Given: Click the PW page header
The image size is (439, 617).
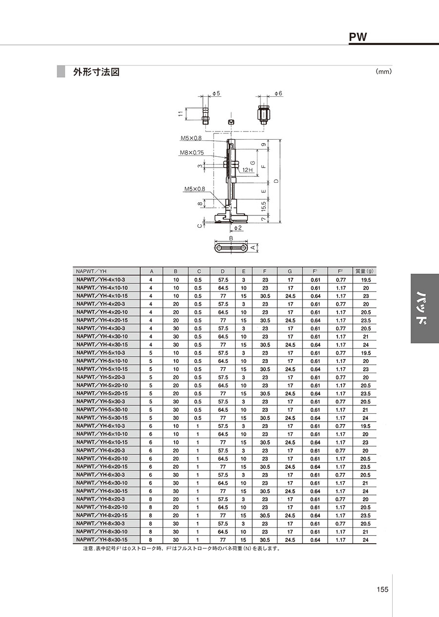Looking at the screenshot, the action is point(358,37).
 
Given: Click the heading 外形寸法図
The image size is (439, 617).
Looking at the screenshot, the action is point(96,72).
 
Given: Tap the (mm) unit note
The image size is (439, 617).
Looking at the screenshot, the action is point(384,72).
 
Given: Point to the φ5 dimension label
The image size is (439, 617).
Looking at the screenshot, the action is point(217,93).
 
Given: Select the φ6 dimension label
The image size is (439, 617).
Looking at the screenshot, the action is point(279,93).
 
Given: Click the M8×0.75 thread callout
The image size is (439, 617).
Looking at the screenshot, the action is point(192,152).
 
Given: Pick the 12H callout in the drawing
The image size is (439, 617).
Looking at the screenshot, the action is point(248,170).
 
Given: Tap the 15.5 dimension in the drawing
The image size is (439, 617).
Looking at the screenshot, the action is point(264,207).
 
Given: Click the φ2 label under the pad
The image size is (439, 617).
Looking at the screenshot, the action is point(238,228).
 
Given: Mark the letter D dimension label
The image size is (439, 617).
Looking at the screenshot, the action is point(277,181).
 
